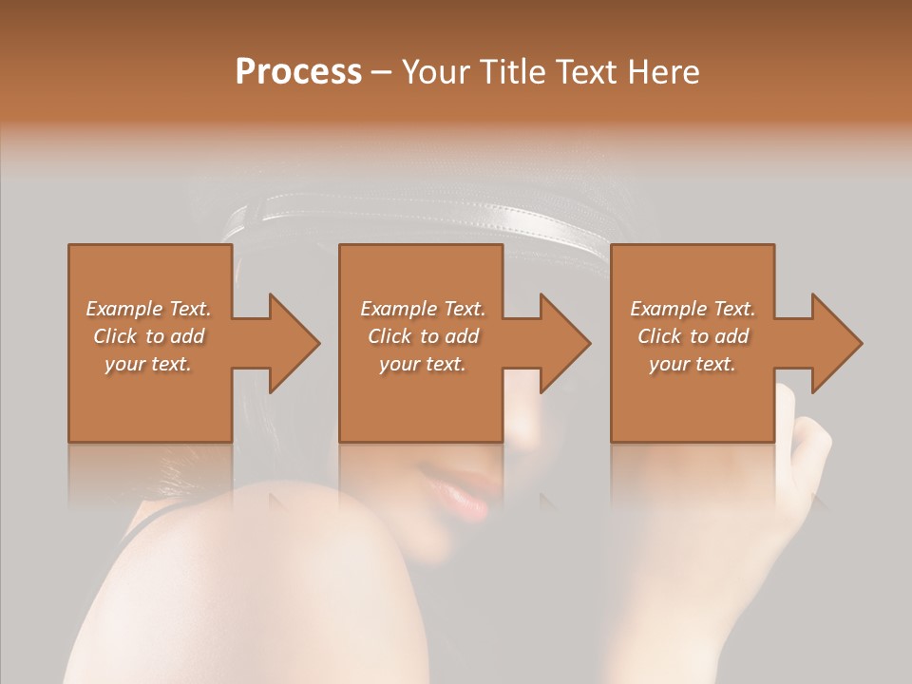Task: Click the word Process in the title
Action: [298, 72]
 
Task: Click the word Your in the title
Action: [435, 72]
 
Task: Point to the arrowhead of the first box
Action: [290, 343]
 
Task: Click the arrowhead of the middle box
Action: [561, 343]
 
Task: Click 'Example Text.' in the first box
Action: [148, 309]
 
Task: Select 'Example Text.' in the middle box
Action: [423, 309]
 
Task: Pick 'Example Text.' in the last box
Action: [693, 309]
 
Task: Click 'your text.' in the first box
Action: [148, 364]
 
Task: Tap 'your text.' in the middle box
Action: [423, 364]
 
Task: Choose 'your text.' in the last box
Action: [693, 364]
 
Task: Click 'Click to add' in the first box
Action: [148, 336]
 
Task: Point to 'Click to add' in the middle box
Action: [423, 336]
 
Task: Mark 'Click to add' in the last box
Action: [693, 336]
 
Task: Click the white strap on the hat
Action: [427, 214]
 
